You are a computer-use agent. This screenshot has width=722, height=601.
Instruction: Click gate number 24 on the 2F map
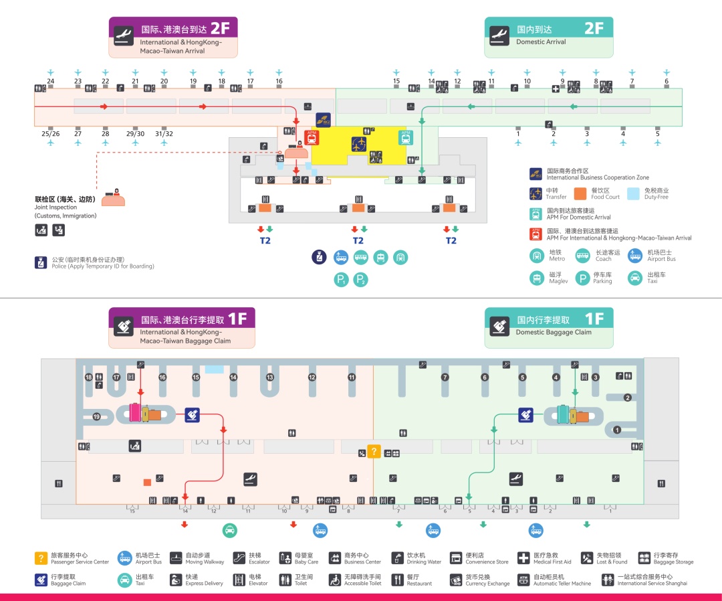[x=50, y=81]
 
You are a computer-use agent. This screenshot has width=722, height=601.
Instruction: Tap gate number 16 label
[x=279, y=81]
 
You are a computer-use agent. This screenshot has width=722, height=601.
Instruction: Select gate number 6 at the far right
[x=666, y=81]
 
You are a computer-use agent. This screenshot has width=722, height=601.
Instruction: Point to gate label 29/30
[x=135, y=134]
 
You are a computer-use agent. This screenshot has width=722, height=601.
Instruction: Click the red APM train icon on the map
[x=311, y=137]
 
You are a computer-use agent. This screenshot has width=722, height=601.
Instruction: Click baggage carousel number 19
[x=97, y=416]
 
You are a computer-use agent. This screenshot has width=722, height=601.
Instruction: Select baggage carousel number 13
[x=270, y=377]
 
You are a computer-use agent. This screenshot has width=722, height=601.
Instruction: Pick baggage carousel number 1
[x=617, y=430]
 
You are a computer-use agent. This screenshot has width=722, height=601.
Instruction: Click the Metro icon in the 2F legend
[x=537, y=255]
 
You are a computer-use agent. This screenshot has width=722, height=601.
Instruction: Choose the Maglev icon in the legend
[x=537, y=278]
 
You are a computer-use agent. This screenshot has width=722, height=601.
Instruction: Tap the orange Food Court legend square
[x=580, y=193]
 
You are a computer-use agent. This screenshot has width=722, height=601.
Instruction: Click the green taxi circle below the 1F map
[x=230, y=530]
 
